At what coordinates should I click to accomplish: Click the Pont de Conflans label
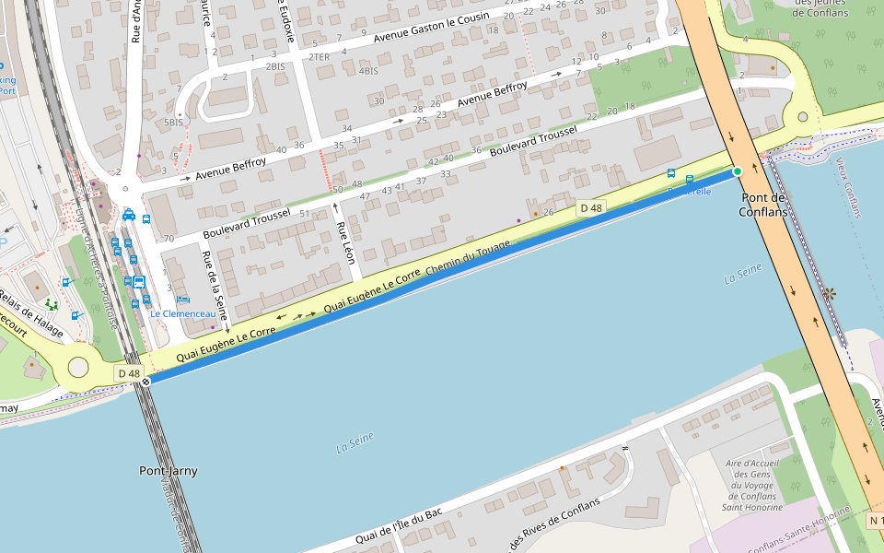[762, 205]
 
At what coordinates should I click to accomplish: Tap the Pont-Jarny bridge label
[168, 471]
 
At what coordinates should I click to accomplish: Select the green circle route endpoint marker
[737, 171]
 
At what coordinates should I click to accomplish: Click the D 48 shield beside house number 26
[590, 208]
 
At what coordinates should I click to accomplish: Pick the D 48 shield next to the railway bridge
[128, 373]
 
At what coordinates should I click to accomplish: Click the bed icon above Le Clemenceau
[182, 300]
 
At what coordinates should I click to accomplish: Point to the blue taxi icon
[129, 215]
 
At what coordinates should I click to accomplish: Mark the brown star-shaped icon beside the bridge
[829, 294]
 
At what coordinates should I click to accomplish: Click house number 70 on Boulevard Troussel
[169, 239]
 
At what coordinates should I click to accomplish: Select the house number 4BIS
[368, 71]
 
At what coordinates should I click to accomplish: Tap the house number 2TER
[319, 57]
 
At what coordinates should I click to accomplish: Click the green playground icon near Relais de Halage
[51, 303]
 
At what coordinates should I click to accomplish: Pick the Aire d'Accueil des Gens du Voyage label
[753, 485]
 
